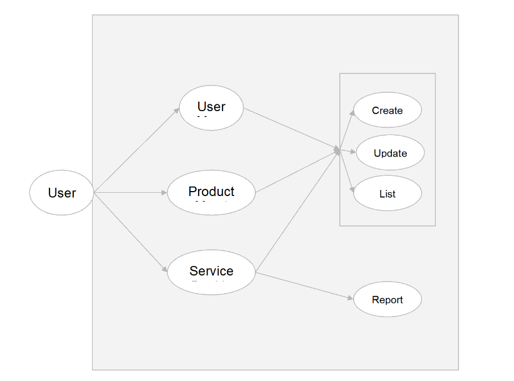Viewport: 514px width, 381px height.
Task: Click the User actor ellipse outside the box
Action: click(x=62, y=193)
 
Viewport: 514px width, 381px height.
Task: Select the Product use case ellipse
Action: click(x=211, y=193)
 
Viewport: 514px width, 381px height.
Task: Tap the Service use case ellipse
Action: click(x=211, y=272)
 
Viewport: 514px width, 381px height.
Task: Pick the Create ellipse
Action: click(x=387, y=111)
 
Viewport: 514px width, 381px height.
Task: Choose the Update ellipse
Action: click(x=390, y=153)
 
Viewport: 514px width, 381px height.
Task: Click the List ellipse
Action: click(x=387, y=194)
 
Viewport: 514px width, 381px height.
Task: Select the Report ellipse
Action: click(x=387, y=300)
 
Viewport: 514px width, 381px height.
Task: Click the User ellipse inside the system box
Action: click(x=211, y=108)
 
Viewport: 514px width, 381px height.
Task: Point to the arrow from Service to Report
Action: click(x=304, y=286)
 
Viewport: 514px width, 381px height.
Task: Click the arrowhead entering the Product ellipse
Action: click(x=164, y=193)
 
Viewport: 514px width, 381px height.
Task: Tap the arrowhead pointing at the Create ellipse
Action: click(x=352, y=112)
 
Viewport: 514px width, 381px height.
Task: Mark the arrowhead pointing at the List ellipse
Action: click(x=352, y=190)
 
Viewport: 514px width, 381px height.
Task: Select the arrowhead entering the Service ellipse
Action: click(x=164, y=270)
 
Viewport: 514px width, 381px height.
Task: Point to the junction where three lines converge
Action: click(x=337, y=151)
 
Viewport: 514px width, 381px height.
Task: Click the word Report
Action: click(x=387, y=300)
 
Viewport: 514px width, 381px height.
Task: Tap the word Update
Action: click(x=390, y=153)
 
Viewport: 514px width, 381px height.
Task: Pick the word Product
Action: click(x=211, y=192)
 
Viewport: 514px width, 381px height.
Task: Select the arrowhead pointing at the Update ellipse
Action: click(x=353, y=151)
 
